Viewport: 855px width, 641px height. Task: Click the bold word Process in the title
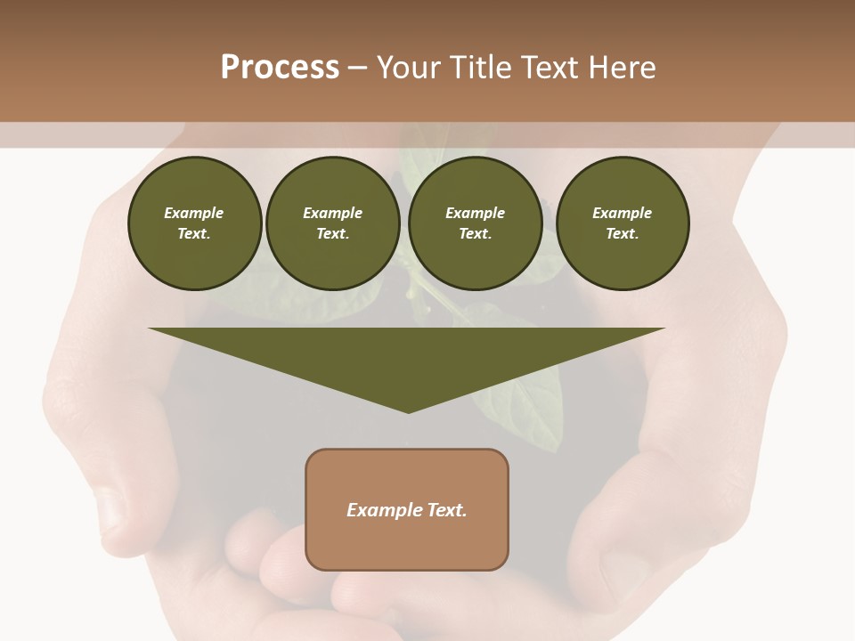[x=280, y=68]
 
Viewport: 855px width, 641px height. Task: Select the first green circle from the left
[x=194, y=223]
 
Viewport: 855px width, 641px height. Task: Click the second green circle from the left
[x=332, y=223]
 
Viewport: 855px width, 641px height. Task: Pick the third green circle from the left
[x=475, y=223]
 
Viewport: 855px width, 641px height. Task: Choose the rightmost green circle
[x=622, y=223]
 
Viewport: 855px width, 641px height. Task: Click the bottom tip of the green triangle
[x=408, y=411]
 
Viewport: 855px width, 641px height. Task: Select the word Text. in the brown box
[x=448, y=510]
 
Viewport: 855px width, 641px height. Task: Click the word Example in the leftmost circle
[x=194, y=213]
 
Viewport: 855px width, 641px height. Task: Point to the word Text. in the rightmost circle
[x=622, y=234]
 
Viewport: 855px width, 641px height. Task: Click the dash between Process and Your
[x=358, y=68]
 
